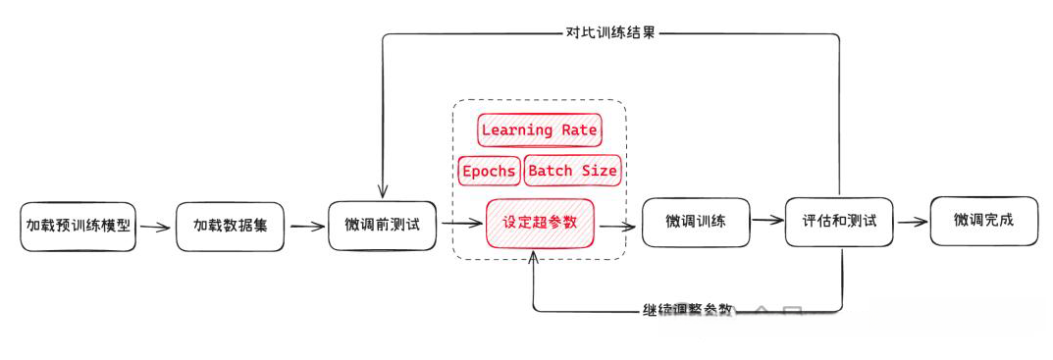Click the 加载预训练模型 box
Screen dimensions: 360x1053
coord(79,227)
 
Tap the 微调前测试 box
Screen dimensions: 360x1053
coord(382,225)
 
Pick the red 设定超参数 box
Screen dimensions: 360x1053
coord(541,223)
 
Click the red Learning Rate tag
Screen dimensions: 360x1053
coord(539,130)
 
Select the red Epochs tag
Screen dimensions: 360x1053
coord(489,171)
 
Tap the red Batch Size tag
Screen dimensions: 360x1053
coord(572,171)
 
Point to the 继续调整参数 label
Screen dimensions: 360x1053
coord(686,310)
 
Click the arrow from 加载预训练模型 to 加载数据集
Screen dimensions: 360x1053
coord(155,227)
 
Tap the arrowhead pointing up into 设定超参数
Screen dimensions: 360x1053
coord(533,257)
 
